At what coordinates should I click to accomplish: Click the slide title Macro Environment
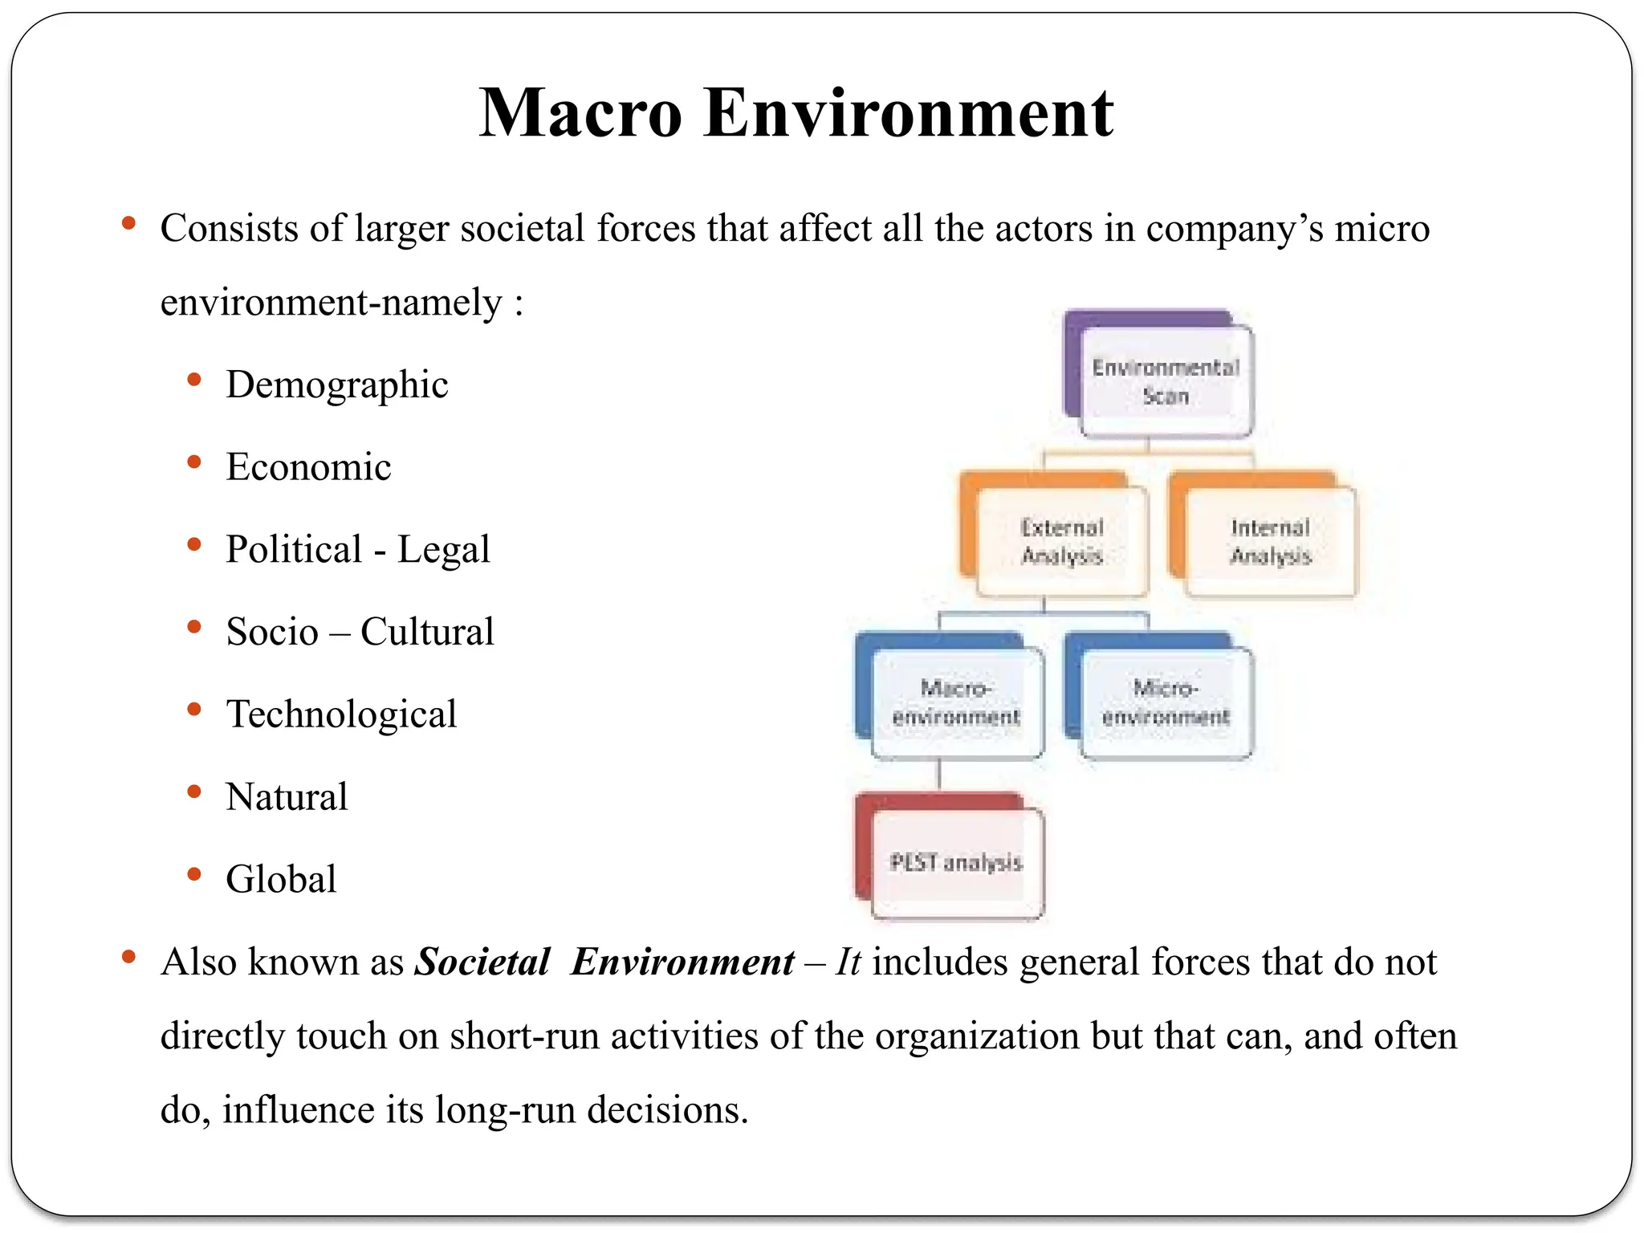(796, 113)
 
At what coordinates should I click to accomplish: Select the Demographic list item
(336, 385)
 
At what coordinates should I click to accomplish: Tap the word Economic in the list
(308, 467)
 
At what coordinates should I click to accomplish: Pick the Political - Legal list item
(357, 550)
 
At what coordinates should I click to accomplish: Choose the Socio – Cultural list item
(360, 632)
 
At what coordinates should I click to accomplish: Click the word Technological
(341, 714)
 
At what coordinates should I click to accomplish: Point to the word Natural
(287, 797)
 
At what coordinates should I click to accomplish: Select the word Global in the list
(281, 879)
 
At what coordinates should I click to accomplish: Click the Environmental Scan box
(1166, 381)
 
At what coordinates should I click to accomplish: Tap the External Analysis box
(1061, 541)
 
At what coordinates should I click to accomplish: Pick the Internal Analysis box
(1270, 541)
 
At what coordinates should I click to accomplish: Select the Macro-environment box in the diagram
(956, 702)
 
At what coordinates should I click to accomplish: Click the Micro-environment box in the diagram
(1166, 702)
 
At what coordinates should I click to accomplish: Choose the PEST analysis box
(956, 863)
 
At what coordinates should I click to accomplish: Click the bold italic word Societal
(482, 962)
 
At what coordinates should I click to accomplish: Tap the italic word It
(848, 962)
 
